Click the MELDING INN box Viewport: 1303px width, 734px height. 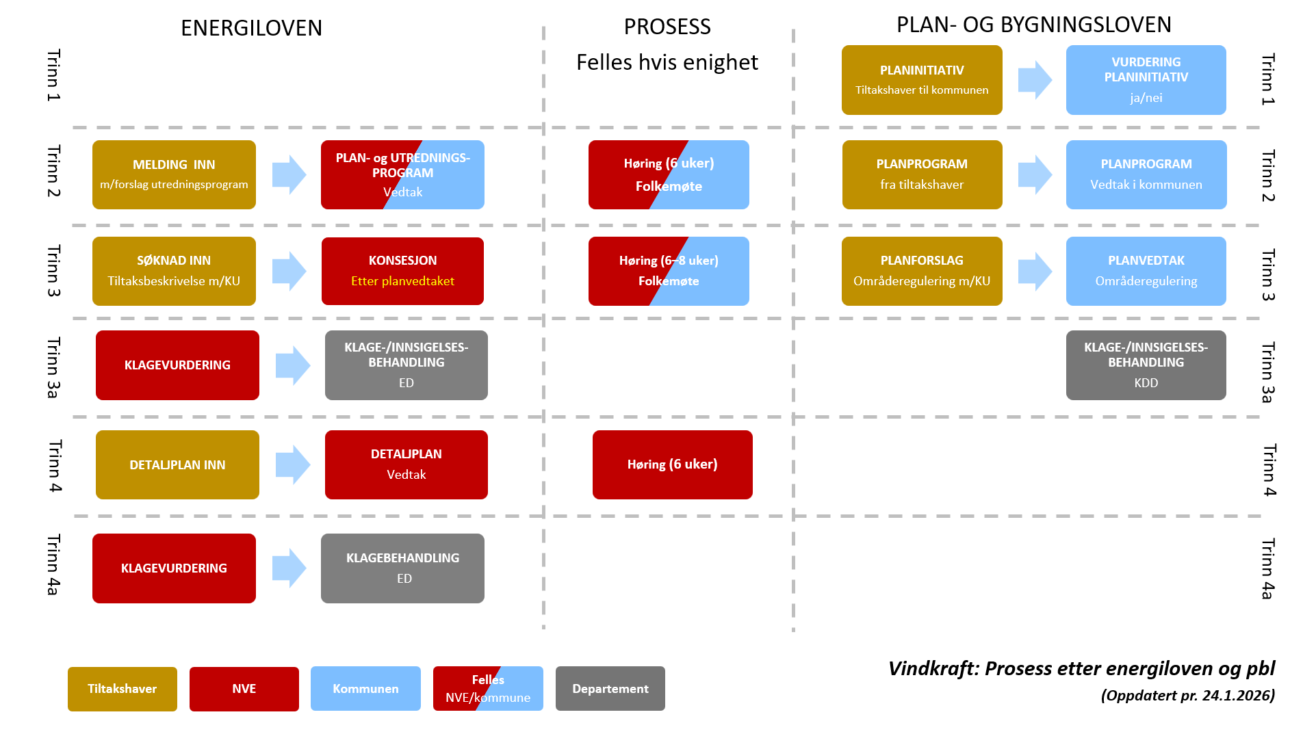174,174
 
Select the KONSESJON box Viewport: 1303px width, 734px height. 402,271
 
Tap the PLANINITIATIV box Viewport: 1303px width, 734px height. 921,80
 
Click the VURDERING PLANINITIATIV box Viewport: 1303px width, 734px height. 1146,80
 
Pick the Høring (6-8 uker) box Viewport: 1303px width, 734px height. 669,271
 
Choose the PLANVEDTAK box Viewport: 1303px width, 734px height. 1146,271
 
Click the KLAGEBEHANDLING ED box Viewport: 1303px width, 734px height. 402,568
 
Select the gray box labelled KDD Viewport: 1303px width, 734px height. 1146,365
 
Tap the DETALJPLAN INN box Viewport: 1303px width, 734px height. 177,464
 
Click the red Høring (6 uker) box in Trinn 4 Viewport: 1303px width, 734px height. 672,464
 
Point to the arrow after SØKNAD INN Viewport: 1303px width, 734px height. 289,271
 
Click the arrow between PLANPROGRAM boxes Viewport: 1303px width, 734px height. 1034,174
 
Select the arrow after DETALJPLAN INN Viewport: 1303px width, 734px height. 292,464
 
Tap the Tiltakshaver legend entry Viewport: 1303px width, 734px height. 122,689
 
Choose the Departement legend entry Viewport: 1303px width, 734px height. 610,689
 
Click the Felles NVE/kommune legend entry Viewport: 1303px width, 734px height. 488,689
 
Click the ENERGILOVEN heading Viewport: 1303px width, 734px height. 251,28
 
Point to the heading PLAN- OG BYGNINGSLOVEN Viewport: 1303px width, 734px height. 1033,25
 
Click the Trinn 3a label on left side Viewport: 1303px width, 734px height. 53,367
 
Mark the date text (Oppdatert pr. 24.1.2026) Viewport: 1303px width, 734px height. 1187,696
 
